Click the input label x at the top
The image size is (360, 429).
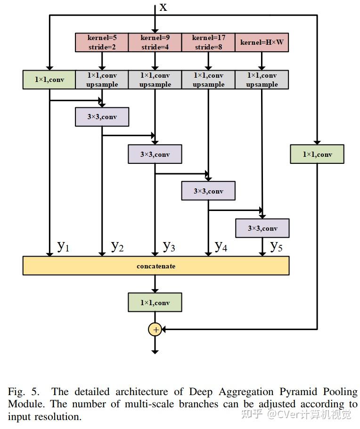pos(163,7)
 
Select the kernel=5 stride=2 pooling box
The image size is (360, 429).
pos(102,42)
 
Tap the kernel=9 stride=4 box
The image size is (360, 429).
pos(155,42)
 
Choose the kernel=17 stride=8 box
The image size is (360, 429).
pos(208,42)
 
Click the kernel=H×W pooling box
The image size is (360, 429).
pos(262,42)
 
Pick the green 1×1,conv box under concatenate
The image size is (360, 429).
pos(155,302)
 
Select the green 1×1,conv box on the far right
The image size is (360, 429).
pos(317,154)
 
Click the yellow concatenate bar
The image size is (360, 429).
pos(156,266)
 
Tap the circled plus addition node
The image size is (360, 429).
pos(155,330)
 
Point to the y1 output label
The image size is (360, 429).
pos(63,246)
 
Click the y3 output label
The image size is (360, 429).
pos(169,246)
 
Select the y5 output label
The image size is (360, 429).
pos(276,246)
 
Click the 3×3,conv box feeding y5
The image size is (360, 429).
pos(262,228)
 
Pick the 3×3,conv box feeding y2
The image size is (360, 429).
pos(102,117)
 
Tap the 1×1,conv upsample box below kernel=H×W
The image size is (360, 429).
pos(262,80)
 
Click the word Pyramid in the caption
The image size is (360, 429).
pos(298,392)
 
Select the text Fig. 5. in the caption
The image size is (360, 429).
pos(24,392)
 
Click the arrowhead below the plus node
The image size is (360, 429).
pos(155,352)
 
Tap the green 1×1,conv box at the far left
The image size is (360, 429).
pos(49,80)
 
